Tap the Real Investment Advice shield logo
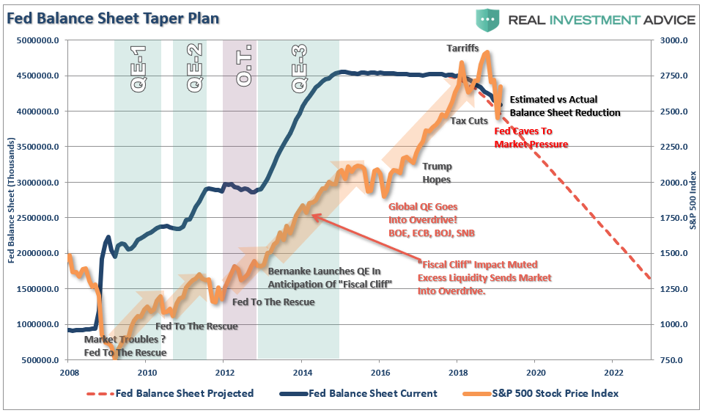click(x=486, y=19)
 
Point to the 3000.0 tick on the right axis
click(x=672, y=40)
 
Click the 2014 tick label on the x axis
click(x=301, y=373)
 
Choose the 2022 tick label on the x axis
click(x=613, y=373)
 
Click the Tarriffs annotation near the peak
click(x=462, y=48)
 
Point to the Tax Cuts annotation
click(x=469, y=120)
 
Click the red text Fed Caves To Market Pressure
click(x=531, y=138)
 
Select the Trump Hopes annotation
click(x=437, y=172)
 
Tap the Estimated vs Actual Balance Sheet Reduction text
click(x=564, y=106)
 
